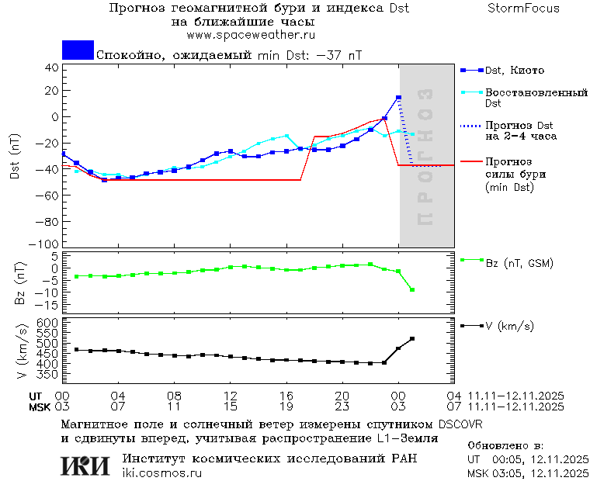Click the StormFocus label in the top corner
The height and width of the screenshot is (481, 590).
523,9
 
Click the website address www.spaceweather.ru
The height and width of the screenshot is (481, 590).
251,35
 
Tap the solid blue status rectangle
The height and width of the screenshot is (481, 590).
78,50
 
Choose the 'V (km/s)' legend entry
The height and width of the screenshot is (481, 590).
509,326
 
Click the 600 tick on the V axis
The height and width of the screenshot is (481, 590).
47,322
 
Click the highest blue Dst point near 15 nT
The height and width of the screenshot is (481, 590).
398,98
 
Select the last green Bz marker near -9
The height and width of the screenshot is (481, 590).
412,290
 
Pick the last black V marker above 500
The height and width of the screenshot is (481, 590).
412,338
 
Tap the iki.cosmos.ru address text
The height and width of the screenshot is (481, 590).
161,472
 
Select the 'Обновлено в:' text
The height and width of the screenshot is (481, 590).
505,446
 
